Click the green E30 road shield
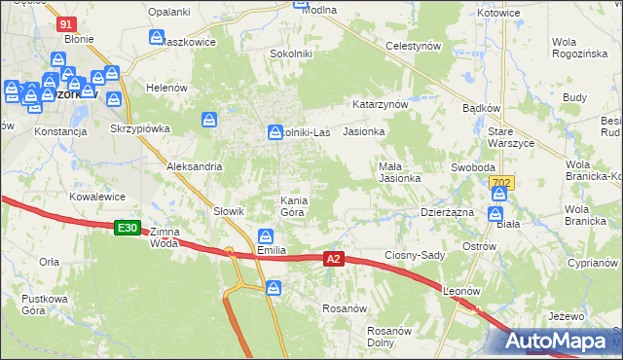[128, 228]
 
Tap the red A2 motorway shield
[334, 259]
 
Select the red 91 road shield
[66, 24]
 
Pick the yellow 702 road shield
[500, 182]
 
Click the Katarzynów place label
[379, 102]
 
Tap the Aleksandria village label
[195, 166]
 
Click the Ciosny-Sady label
[414, 255]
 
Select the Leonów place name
[462, 290]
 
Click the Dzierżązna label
[447, 211]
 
